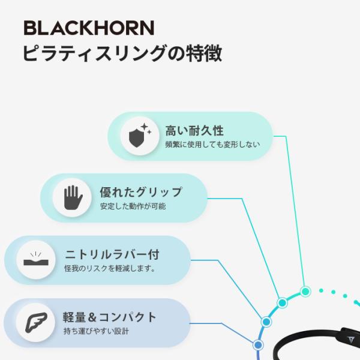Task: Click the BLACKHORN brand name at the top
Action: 88,28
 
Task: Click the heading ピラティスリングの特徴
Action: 122,53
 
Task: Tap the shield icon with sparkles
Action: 139,136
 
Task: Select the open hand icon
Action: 72,197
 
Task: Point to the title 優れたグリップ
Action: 140,192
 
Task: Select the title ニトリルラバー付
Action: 112,254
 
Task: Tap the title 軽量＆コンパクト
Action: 110,317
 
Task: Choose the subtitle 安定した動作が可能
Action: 133,206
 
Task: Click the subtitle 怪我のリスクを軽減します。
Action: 110,269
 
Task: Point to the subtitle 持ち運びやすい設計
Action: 96,331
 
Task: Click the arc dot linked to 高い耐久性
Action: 305,292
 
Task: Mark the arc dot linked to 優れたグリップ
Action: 281,302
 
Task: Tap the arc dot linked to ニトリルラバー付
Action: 266,322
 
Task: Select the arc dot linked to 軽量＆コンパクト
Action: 258,345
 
